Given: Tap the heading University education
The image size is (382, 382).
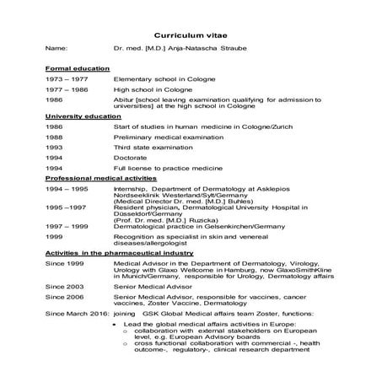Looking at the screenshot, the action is point(78,114).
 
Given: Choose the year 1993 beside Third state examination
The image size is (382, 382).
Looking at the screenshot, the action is point(53,146).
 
